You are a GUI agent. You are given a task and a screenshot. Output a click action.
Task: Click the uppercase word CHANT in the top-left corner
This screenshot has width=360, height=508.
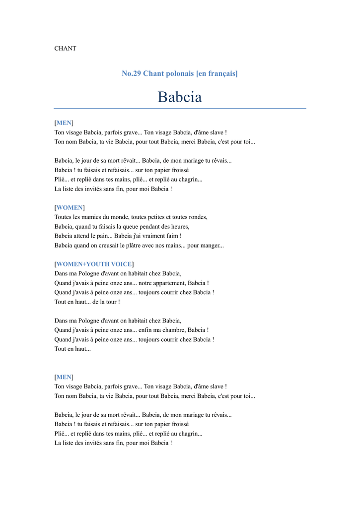tap(65, 49)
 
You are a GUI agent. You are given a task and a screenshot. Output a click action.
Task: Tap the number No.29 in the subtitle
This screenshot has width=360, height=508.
tap(132, 73)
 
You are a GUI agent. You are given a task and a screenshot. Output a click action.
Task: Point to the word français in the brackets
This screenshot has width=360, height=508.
tap(221, 73)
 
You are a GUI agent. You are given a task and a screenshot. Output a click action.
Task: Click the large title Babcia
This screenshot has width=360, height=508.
tap(180, 97)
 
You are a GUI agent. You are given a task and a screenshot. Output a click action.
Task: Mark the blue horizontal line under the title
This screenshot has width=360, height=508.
tap(180, 108)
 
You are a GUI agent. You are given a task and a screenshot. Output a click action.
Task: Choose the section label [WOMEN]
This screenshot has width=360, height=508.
tap(70, 207)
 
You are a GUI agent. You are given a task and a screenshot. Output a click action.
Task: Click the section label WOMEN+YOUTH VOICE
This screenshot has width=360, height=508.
tap(94, 264)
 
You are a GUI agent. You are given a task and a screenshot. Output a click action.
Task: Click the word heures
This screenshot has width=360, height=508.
tap(179, 226)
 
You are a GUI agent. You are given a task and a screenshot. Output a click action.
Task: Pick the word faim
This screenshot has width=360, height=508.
tap(171, 236)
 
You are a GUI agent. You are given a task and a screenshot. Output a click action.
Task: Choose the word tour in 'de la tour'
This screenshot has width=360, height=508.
tap(109, 302)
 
